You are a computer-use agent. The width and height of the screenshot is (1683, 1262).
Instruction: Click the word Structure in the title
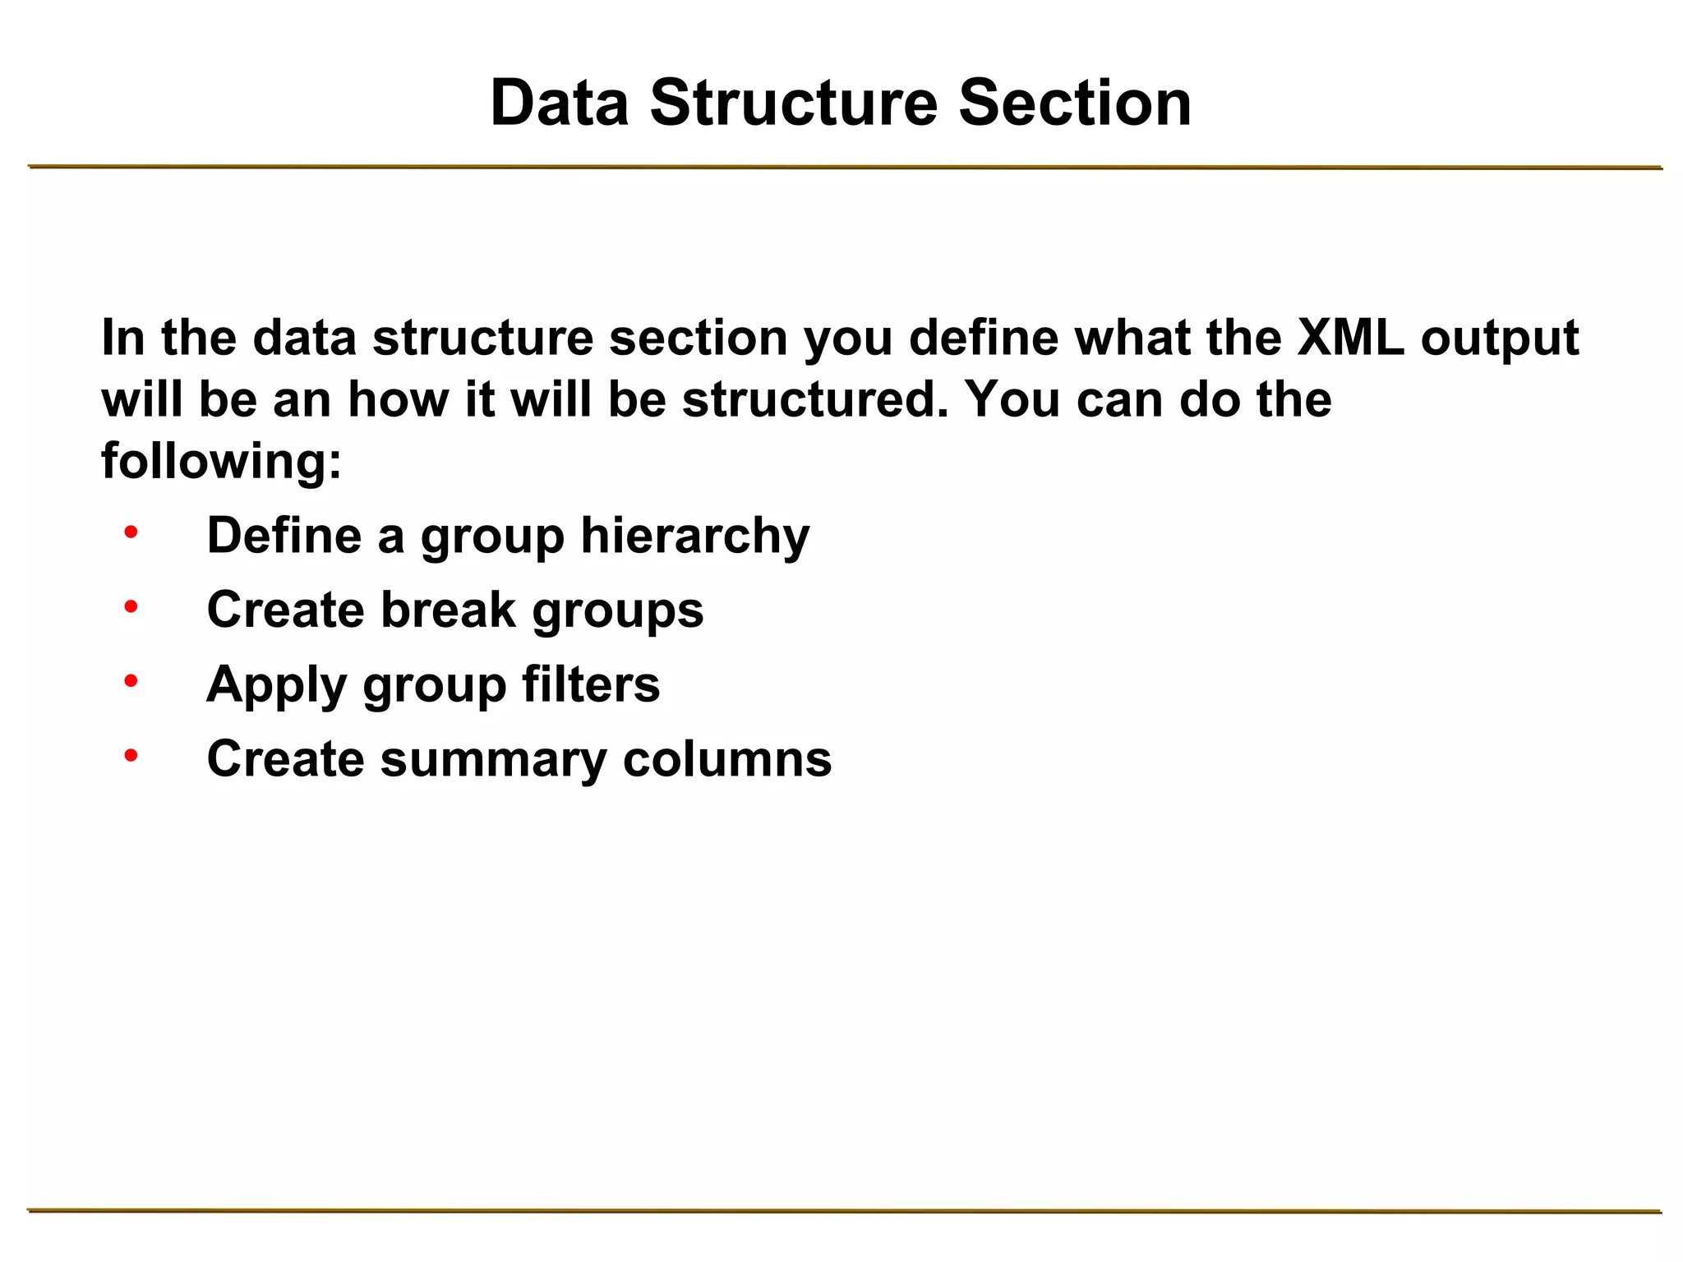793,104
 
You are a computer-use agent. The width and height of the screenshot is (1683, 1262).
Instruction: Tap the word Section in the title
1074,104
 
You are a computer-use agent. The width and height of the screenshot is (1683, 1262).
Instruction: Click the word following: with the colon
221,462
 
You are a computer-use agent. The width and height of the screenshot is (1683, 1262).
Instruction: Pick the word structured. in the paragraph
814,400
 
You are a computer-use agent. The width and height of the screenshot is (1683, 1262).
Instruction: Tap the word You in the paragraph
1012,400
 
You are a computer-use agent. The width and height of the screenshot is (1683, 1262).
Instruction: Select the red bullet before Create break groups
131,608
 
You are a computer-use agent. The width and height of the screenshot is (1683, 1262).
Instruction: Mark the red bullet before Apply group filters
131,682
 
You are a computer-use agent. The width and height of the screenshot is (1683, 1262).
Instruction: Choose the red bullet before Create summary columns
131,756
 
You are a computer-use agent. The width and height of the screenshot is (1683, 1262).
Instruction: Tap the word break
448,610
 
